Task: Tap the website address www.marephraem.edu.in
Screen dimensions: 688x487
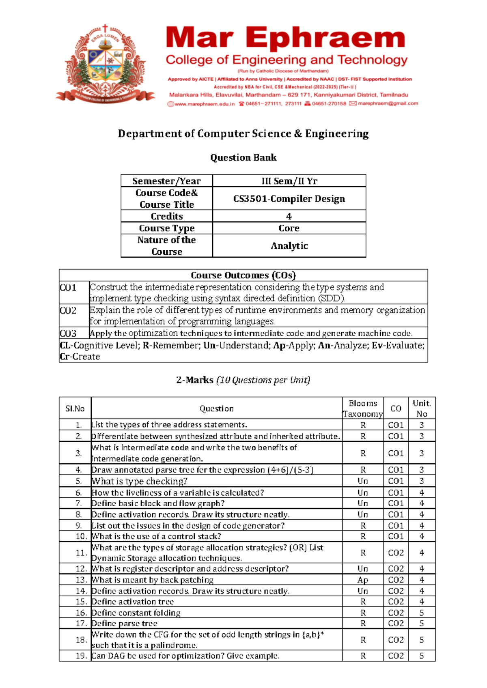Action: point(205,104)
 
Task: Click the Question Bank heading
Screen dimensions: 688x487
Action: point(243,157)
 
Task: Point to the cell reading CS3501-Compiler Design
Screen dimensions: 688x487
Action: point(289,199)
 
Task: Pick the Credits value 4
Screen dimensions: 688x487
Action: point(289,216)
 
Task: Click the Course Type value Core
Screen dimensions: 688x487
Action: point(289,228)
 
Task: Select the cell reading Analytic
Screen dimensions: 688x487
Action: point(289,246)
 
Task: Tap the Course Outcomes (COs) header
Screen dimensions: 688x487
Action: point(243,275)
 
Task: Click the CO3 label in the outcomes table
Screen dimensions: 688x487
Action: point(68,333)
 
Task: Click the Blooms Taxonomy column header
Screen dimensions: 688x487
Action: point(362,408)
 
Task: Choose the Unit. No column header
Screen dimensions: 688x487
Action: point(422,408)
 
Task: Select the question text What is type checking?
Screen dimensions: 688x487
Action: point(140,482)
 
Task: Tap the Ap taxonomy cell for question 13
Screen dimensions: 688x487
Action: point(362,580)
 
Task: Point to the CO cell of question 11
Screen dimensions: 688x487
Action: point(396,553)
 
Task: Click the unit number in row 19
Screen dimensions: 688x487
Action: point(422,656)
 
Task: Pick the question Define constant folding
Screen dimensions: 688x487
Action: point(136,613)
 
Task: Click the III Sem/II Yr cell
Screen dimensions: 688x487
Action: point(289,181)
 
